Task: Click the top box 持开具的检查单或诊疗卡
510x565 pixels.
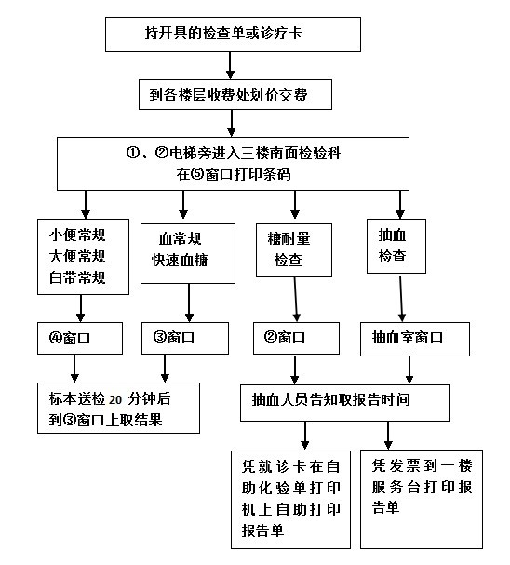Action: click(233, 34)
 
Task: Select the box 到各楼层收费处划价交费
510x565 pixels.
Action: click(235, 94)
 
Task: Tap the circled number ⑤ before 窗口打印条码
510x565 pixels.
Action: click(197, 174)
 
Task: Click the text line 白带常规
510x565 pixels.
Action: click(77, 277)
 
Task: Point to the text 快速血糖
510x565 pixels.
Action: click(180, 260)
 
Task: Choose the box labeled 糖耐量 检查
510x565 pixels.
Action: click(294, 250)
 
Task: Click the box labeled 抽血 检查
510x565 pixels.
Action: click(396, 246)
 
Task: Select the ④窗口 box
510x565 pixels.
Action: click(80, 338)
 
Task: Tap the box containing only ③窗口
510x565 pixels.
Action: click(185, 338)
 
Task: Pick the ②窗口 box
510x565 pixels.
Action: click(296, 338)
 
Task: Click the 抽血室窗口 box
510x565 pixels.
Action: click(415, 339)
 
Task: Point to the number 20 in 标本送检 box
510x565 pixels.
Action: click(115, 399)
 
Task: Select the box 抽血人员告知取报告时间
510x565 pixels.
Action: click(344, 403)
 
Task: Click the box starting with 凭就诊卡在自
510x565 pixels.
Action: click(290, 500)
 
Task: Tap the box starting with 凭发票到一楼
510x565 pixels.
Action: click(422, 499)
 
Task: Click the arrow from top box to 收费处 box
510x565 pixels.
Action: click(231, 65)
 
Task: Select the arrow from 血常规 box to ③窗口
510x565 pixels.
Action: click(189, 303)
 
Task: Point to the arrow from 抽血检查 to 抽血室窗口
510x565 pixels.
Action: click(401, 298)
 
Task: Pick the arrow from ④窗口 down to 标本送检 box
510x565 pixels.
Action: click(74, 369)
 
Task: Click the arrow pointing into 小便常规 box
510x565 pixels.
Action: click(86, 205)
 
